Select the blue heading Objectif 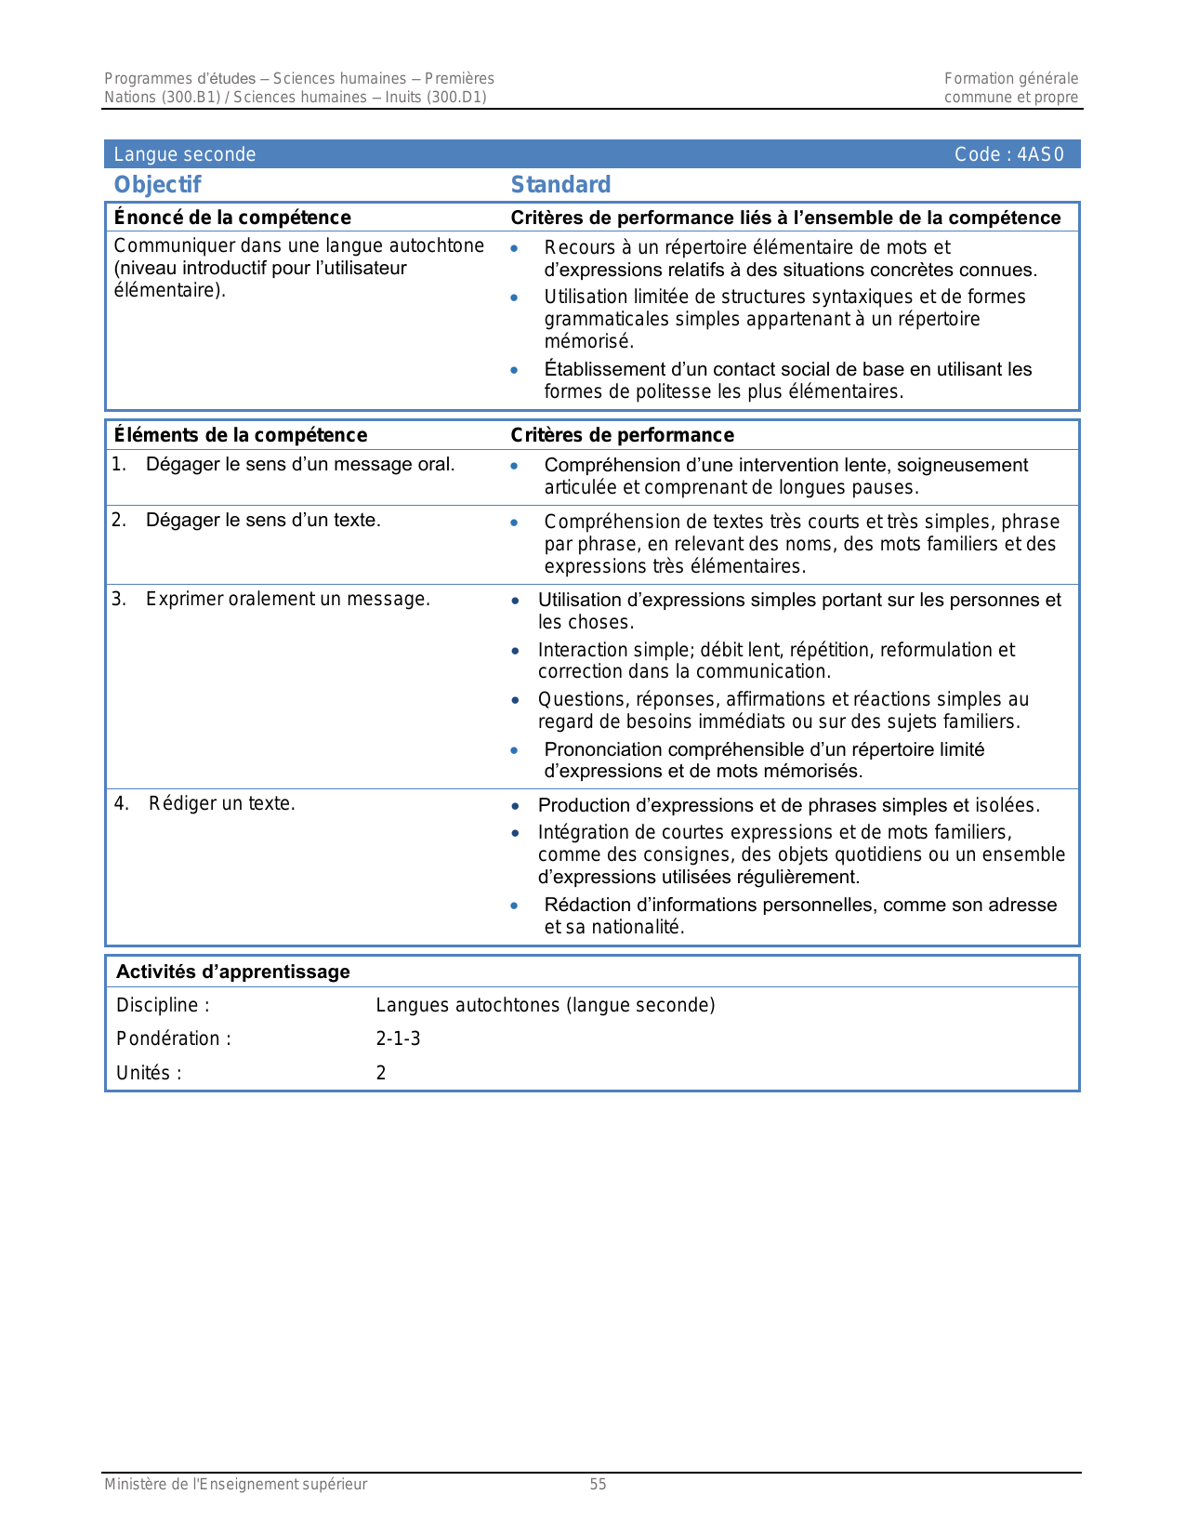pos(157,184)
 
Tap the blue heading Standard pos(560,184)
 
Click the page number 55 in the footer pos(598,1484)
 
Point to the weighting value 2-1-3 pos(398,1038)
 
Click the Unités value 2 pos(381,1073)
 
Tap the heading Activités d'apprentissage pos(232,972)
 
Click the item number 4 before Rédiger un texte pos(121,803)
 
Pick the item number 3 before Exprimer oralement pos(118,599)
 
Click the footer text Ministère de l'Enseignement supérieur pos(235,1484)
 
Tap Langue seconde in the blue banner pos(184,154)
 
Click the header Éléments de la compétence pos(240,435)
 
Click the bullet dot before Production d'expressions pos(515,806)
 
